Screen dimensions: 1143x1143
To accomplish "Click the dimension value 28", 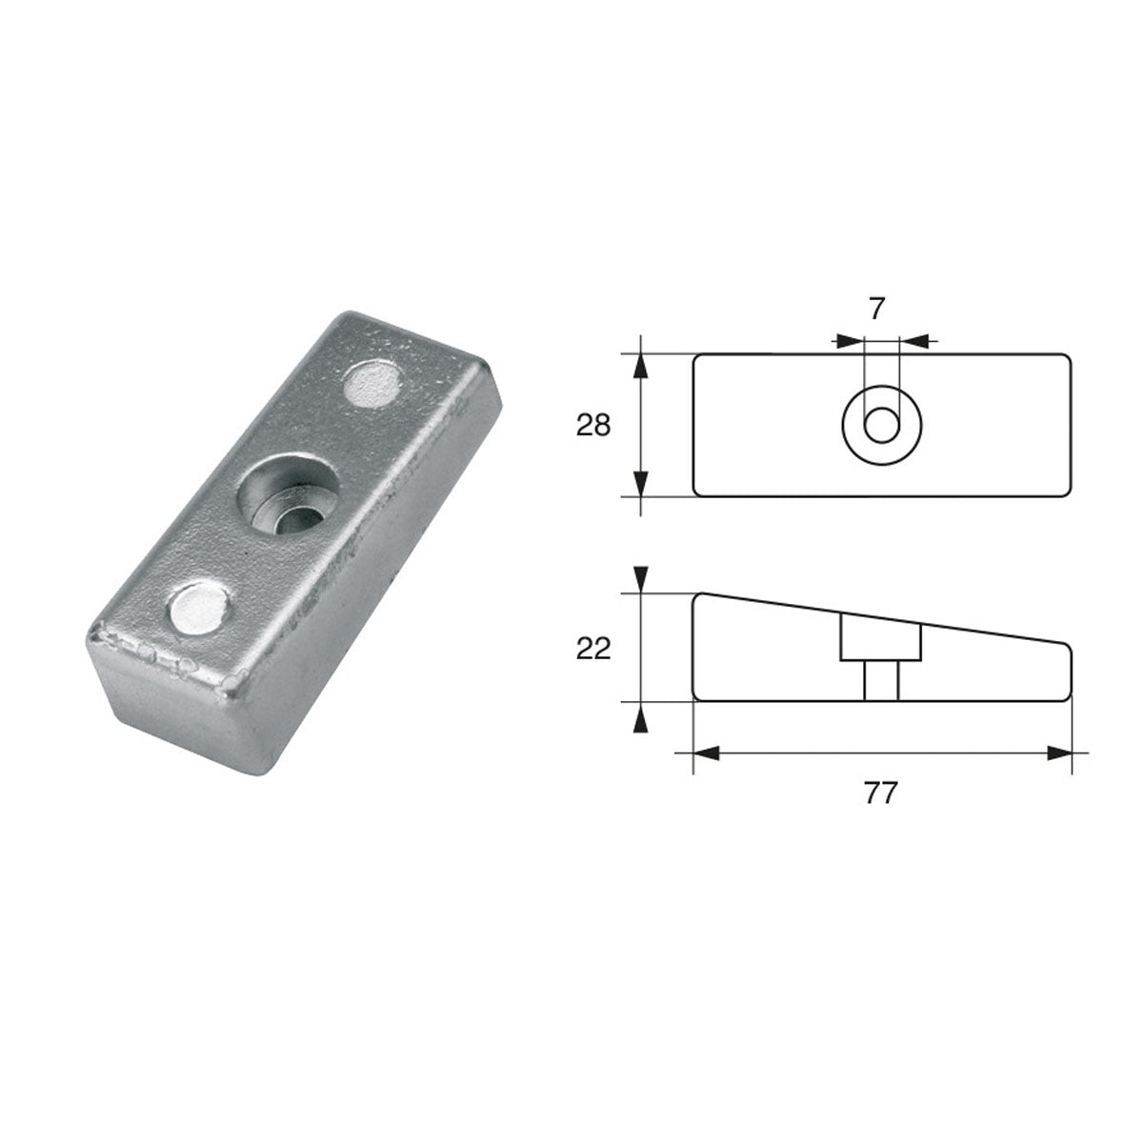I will pyautogui.click(x=592, y=425).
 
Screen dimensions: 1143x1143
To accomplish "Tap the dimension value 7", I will pyautogui.click(x=877, y=308).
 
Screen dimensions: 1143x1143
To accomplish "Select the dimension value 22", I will pyautogui.click(x=592, y=648).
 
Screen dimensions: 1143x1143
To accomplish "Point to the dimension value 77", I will pyautogui.click(x=881, y=793).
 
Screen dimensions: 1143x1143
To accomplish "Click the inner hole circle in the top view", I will pyautogui.click(x=881, y=425).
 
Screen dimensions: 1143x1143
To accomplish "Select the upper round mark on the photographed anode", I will pyautogui.click(x=372, y=384).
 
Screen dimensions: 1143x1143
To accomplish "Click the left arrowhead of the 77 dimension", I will pyautogui.click(x=706, y=752).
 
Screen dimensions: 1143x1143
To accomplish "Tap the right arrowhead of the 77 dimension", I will pyautogui.click(x=1059, y=752).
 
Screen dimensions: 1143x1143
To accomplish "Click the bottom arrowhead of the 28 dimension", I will pyautogui.click(x=641, y=483).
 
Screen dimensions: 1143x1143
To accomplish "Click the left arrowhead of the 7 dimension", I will pyautogui.click(x=849, y=339).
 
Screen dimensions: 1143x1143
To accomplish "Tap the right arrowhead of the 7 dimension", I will pyautogui.click(x=913, y=339).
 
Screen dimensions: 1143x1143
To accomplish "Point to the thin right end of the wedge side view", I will pyautogui.click(x=1067, y=672).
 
